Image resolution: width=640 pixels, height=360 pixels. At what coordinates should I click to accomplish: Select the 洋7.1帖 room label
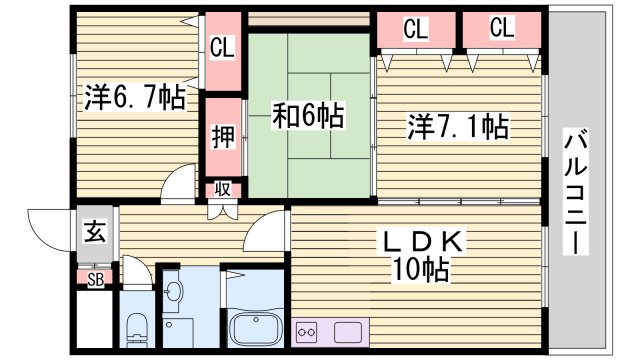(457, 128)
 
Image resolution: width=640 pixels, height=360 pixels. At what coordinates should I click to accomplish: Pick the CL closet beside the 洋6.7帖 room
(222, 47)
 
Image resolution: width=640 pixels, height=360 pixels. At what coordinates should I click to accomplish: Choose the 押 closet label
(222, 134)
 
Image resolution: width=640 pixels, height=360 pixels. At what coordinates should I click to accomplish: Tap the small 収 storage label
(222, 189)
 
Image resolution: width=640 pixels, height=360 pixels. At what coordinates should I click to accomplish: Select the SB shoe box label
(96, 278)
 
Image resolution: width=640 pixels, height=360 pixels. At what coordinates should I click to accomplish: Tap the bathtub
(258, 329)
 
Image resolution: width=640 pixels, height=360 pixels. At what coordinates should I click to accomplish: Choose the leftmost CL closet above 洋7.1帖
(415, 30)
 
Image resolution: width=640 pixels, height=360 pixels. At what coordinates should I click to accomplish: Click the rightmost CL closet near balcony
(502, 30)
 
